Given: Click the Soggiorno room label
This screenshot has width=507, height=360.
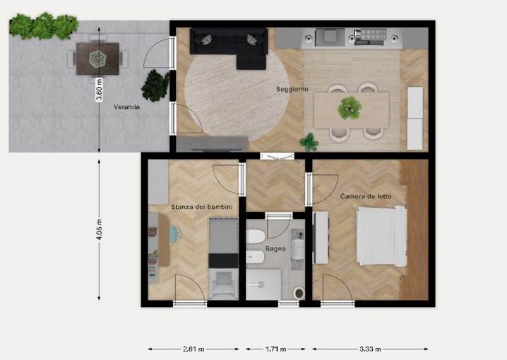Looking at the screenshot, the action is (x=292, y=89).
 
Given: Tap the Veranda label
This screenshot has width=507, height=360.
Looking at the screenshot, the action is (x=126, y=107).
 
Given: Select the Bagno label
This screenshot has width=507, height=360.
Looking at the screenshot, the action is (x=275, y=248).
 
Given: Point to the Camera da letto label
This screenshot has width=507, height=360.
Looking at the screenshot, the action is (x=366, y=196).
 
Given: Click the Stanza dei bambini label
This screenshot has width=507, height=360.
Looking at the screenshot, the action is (x=202, y=207).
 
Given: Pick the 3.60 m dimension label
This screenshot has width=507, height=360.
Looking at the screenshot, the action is (x=100, y=90).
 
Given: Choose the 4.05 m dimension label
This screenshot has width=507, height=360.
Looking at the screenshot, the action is (x=100, y=229).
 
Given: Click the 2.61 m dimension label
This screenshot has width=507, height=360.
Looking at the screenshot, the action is (x=193, y=349).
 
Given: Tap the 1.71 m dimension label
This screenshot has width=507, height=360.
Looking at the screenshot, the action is (x=275, y=349).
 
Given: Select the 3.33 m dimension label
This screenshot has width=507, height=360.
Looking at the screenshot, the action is (x=370, y=349).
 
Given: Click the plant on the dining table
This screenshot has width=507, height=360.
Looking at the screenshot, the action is (x=350, y=108).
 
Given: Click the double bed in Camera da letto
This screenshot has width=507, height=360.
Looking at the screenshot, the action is (x=381, y=236).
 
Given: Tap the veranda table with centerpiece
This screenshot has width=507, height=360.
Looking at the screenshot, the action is (x=97, y=59).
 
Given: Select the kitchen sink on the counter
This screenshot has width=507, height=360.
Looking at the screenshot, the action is (x=330, y=35).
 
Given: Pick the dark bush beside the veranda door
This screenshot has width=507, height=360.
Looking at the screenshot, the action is (x=155, y=85).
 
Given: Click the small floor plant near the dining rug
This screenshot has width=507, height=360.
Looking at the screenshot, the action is (x=309, y=142).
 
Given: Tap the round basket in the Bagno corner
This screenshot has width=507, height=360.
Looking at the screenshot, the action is (x=299, y=293).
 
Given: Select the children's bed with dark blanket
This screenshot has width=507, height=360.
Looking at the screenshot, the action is (x=223, y=258).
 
